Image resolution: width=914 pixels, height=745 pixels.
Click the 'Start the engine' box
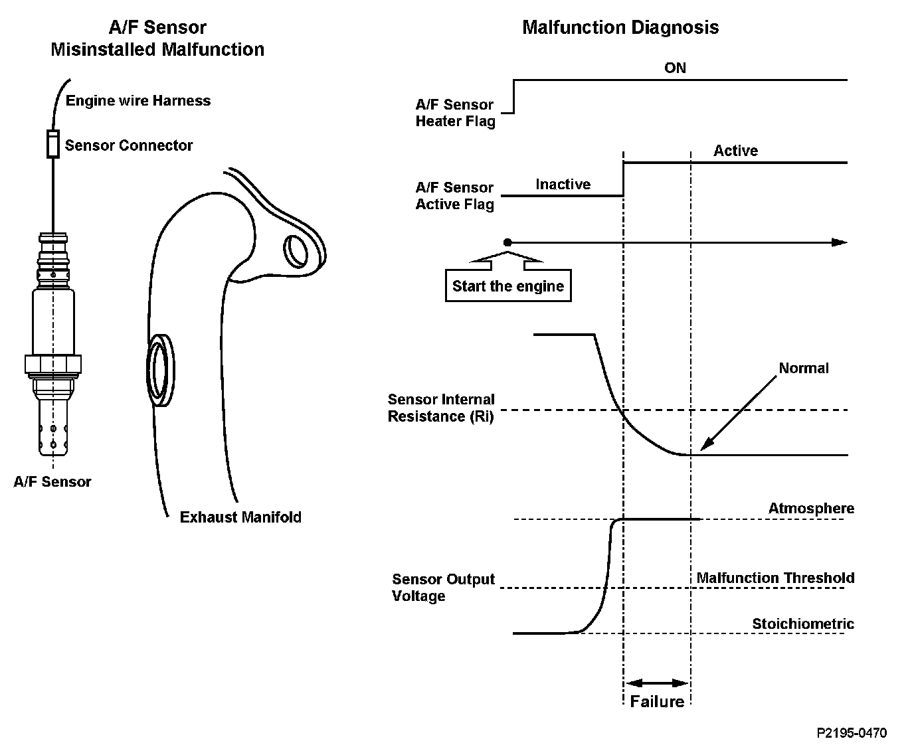pyautogui.click(x=508, y=286)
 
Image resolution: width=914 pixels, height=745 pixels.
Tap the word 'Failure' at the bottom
pyautogui.click(x=656, y=701)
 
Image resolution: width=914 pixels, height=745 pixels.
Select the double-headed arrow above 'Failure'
pyautogui.click(x=657, y=683)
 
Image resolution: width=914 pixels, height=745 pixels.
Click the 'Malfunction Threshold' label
pyautogui.click(x=775, y=578)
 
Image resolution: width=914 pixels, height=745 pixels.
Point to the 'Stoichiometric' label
pyautogui.click(x=803, y=623)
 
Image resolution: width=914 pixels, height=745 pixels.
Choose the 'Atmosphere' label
pyautogui.click(x=811, y=508)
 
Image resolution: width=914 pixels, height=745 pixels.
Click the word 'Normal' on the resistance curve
pyautogui.click(x=804, y=368)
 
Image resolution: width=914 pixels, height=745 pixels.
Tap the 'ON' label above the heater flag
pyautogui.click(x=675, y=68)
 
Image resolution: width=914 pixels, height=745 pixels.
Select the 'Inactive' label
pyautogui.click(x=563, y=185)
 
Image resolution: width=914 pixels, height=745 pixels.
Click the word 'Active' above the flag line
pyautogui.click(x=735, y=151)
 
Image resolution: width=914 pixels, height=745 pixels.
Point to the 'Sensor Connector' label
pyautogui.click(x=129, y=145)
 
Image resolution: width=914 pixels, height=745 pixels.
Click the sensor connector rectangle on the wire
pyautogui.click(x=53, y=144)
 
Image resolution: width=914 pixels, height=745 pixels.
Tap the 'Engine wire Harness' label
pyautogui.click(x=137, y=100)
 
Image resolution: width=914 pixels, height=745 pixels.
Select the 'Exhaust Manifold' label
pyautogui.click(x=240, y=517)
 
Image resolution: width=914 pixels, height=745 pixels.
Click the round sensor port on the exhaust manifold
pyautogui.click(x=161, y=371)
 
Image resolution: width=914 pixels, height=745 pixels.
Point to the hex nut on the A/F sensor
pyautogui.click(x=53, y=365)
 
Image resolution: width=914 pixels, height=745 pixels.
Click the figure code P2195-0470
pyautogui.click(x=852, y=733)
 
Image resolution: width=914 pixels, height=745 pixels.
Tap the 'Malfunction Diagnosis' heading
pyautogui.click(x=620, y=27)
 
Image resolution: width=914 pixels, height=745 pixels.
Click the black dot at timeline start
pyautogui.click(x=507, y=242)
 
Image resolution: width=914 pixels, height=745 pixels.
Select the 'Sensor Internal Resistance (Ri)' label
pyautogui.click(x=441, y=408)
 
